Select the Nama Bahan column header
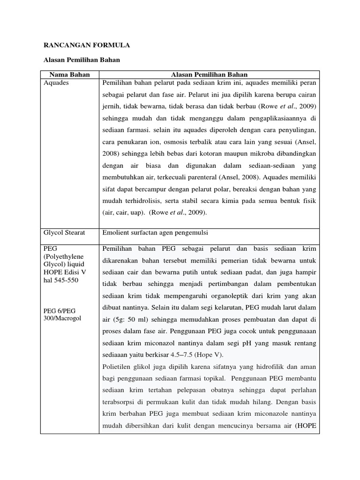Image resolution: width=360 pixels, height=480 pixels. pos(69,75)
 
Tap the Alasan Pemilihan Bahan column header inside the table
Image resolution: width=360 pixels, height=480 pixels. pos(209,75)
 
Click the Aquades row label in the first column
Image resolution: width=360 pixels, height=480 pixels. pos(56,82)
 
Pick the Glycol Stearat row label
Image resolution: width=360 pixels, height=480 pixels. pos(64,232)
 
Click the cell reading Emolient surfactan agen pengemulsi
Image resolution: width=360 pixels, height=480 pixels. pos(155,232)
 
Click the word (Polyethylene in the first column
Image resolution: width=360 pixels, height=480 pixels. pos(63,256)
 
